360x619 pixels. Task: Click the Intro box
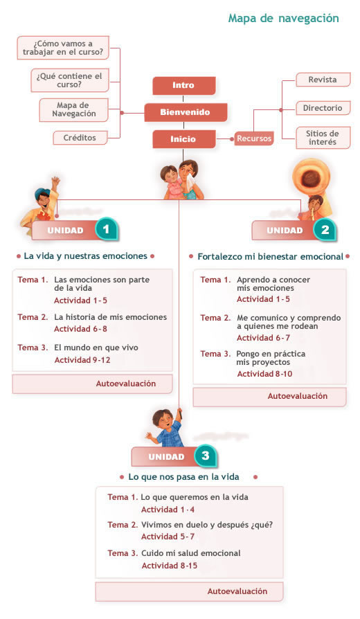pyautogui.click(x=184, y=85)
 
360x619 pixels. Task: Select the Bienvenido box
pyautogui.click(x=186, y=112)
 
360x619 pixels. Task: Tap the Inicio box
pyautogui.click(x=184, y=139)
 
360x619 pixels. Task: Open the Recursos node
pyautogui.click(x=254, y=138)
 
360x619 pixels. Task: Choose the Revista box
pyautogui.click(x=323, y=80)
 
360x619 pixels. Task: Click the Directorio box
pyautogui.click(x=323, y=108)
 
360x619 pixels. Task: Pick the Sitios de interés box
pyautogui.click(x=323, y=138)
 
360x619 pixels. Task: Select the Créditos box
pyautogui.click(x=80, y=138)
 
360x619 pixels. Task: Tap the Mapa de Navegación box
pyautogui.click(x=74, y=110)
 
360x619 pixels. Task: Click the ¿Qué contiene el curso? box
pyautogui.click(x=69, y=80)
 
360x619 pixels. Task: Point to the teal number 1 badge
pyautogui.click(x=106, y=229)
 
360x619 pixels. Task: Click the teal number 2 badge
pyautogui.click(x=325, y=230)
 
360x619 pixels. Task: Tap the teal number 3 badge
pyautogui.click(x=205, y=456)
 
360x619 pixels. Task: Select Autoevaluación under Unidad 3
pyautogui.click(x=237, y=591)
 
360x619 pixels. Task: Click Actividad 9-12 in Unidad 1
pyautogui.click(x=82, y=360)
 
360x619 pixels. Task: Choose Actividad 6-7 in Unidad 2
pyautogui.click(x=263, y=338)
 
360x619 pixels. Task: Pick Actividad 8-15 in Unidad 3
pyautogui.click(x=170, y=566)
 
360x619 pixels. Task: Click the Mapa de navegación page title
pyautogui.click(x=283, y=19)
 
